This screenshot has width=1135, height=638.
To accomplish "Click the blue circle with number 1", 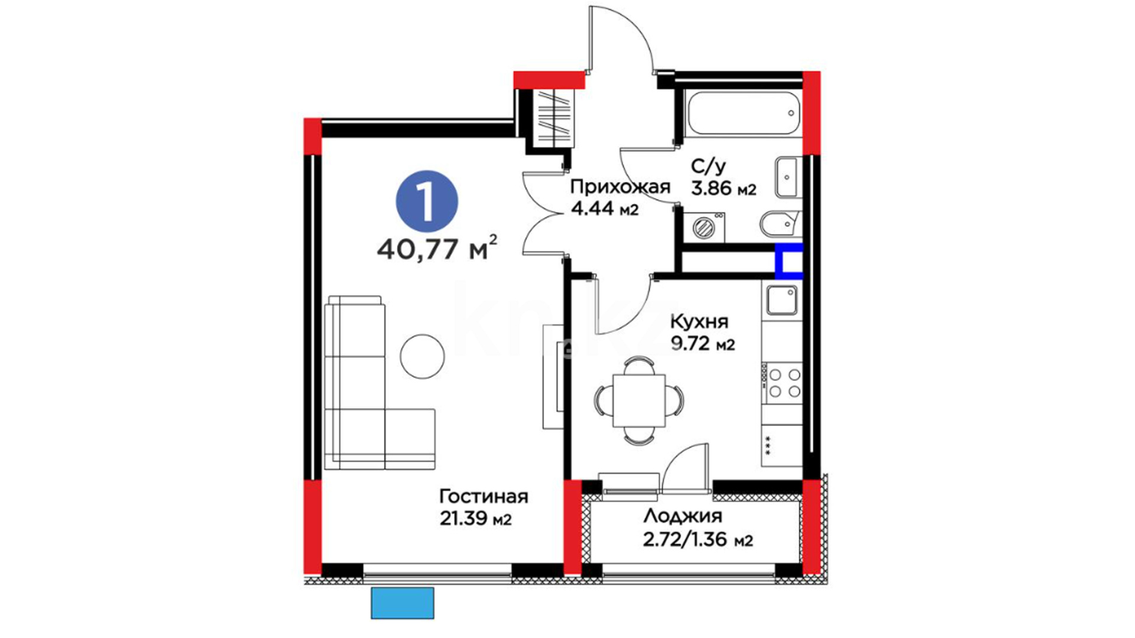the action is (x=427, y=201).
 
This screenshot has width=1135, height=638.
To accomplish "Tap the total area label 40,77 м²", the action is (x=437, y=249).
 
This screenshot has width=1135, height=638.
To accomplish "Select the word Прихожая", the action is (x=620, y=188).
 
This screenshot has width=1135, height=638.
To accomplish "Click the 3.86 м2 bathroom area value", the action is (x=724, y=188).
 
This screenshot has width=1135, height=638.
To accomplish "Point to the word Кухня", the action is (x=699, y=322).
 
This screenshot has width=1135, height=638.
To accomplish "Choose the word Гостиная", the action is (x=484, y=496).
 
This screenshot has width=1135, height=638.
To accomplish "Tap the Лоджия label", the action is (x=683, y=517).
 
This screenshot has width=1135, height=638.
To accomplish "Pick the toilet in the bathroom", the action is (x=780, y=224).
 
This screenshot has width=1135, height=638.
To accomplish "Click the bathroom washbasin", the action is (x=788, y=177).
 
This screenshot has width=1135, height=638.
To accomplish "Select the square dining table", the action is (x=639, y=401).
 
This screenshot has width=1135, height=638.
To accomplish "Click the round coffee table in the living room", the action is (x=422, y=356).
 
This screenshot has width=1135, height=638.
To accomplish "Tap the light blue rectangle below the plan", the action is (x=403, y=603).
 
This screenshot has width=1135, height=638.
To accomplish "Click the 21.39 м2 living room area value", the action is (x=475, y=519).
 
